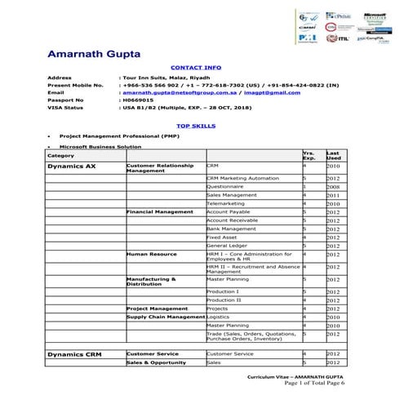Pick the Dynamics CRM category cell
73,354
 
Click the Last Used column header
333,154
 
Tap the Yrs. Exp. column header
309,154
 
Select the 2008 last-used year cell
333,186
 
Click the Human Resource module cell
152,254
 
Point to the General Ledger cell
229,245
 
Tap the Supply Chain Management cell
165,316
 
